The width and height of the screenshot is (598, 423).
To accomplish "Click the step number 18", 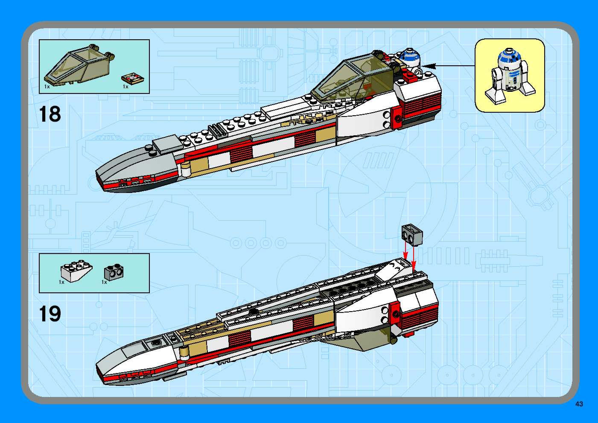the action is tap(50, 114).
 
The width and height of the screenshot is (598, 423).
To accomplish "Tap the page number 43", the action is tap(579, 404).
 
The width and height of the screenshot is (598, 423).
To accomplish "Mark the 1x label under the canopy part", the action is tap(47, 87).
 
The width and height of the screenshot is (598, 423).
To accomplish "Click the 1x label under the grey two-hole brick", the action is tap(104, 282).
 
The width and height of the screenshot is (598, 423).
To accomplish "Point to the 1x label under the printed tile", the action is tap(125, 87).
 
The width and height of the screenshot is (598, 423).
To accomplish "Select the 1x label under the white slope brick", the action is tap(61, 282).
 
